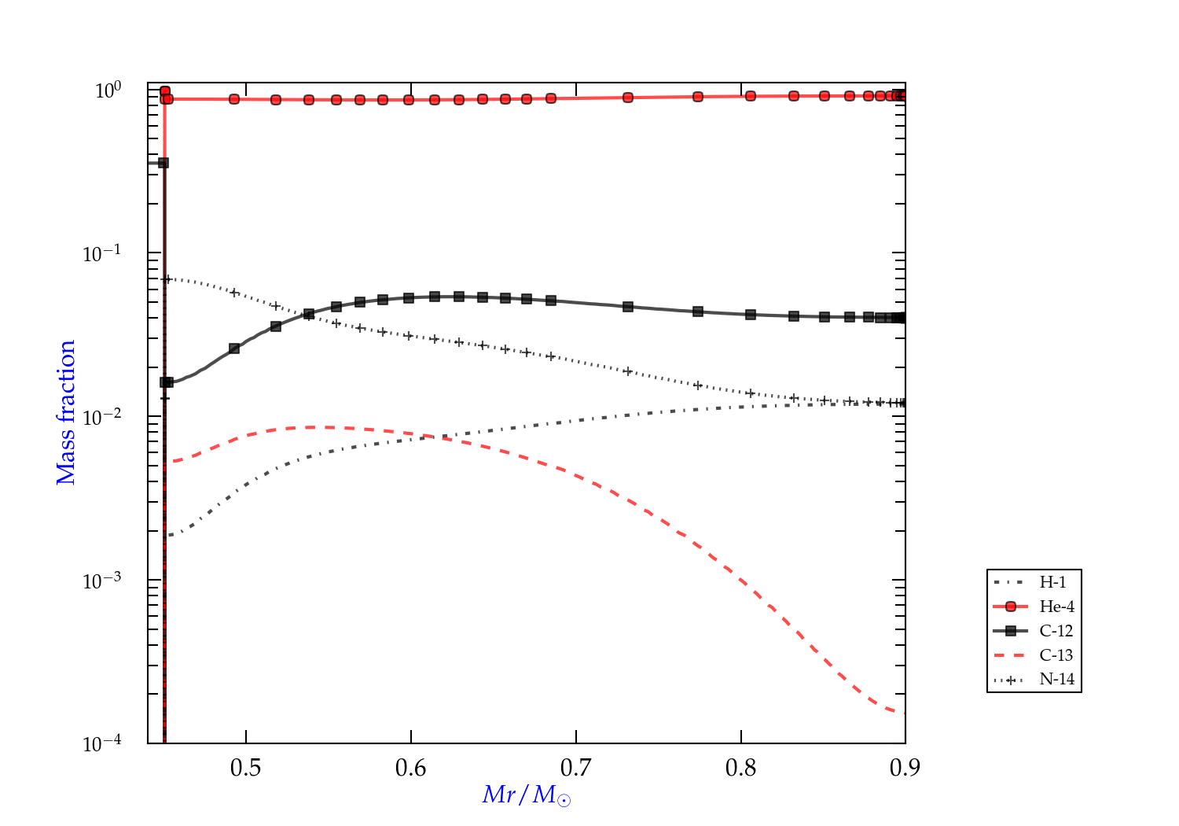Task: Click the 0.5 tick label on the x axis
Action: coord(246,768)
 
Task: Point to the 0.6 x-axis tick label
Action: coord(411,768)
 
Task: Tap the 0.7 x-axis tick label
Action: coord(576,768)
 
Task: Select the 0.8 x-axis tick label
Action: coord(741,768)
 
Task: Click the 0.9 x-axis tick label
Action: coord(905,768)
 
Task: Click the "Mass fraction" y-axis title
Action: coord(66,412)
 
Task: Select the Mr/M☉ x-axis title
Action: coord(527,795)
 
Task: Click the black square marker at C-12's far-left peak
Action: coord(163,163)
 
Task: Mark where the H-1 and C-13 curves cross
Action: coord(429,437)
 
